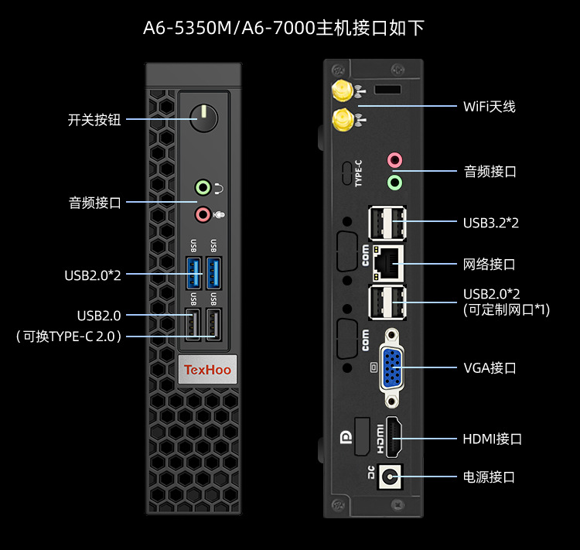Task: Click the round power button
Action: click(204, 118)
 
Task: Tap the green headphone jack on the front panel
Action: click(203, 187)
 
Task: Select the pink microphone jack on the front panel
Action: click(203, 214)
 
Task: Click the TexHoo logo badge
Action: click(207, 370)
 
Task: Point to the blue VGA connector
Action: click(392, 368)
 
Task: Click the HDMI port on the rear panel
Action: click(394, 437)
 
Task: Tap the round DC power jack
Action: click(390, 477)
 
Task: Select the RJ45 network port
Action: click(387, 263)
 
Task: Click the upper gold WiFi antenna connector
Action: click(342, 91)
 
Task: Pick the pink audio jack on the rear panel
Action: click(394, 160)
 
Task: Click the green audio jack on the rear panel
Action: click(394, 183)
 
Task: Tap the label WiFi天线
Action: click(489, 107)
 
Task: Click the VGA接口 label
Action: click(490, 368)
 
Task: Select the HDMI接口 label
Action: click(493, 439)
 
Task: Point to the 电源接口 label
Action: click(489, 477)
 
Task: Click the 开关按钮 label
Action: click(94, 120)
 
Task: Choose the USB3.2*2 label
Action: click(491, 223)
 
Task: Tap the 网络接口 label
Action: click(489, 265)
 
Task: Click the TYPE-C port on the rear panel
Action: click(347, 173)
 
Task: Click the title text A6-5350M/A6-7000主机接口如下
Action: click(284, 28)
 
